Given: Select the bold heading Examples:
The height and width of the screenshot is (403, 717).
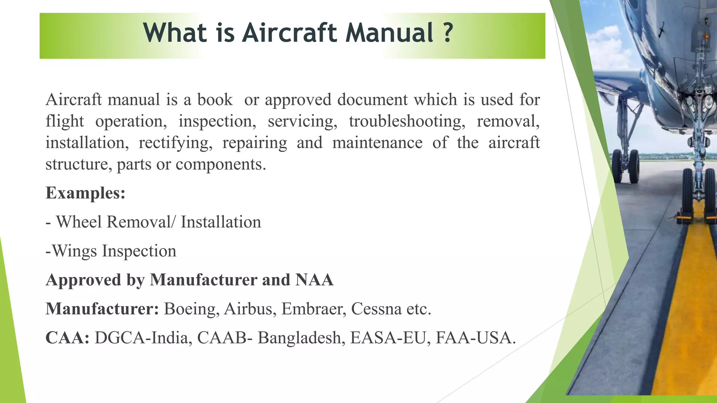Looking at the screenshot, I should pyautogui.click(x=85, y=193).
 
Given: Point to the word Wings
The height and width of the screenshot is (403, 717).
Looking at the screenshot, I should pyautogui.click(x=75, y=251).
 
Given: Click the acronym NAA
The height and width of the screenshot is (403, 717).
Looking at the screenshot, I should pyautogui.click(x=314, y=280).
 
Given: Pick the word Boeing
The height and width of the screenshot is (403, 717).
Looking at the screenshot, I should pyautogui.click(x=192, y=309).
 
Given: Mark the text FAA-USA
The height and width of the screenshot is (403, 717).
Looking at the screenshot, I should pyautogui.click(x=475, y=338).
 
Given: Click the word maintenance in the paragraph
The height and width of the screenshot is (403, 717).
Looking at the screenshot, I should pyautogui.click(x=377, y=143).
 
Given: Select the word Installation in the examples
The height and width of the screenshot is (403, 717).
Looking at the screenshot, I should pyautogui.click(x=221, y=222).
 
